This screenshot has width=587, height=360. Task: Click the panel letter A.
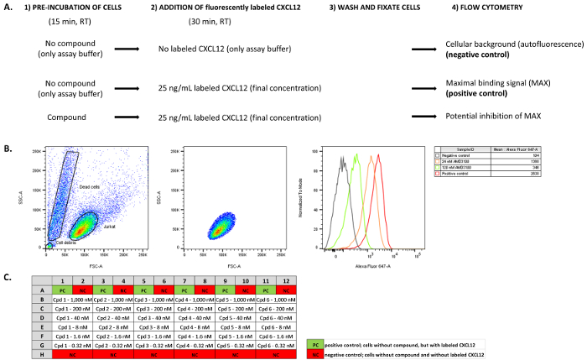point(8,8)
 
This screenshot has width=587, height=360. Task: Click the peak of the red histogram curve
point(379,154)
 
